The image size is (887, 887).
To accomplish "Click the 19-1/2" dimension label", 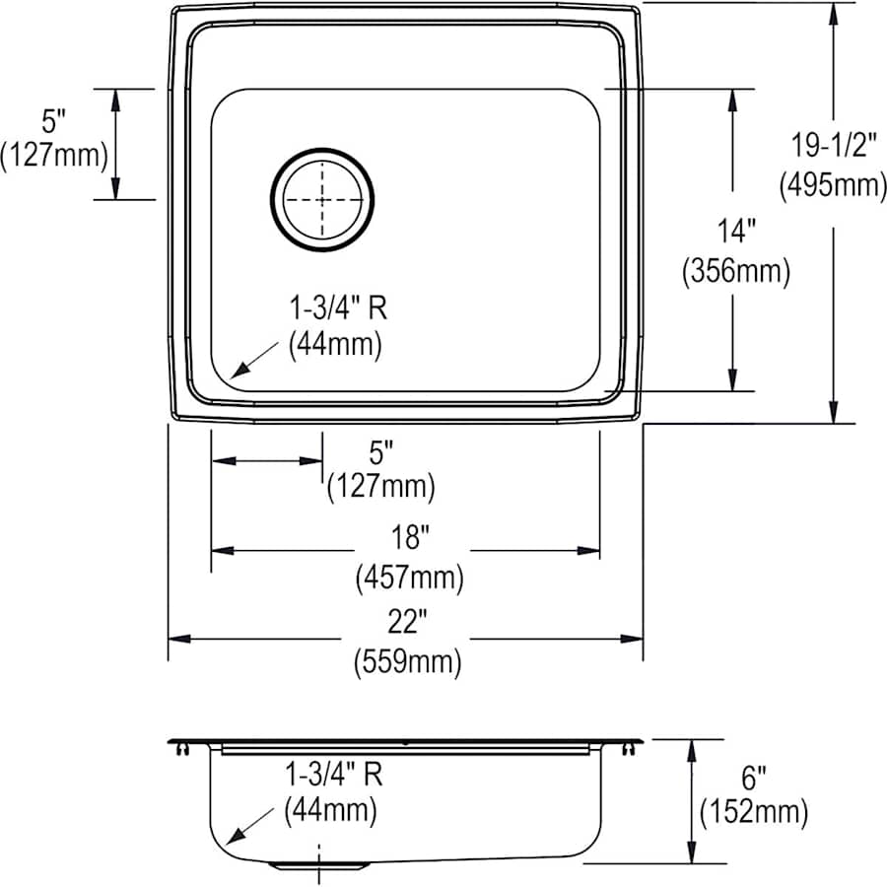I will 833,146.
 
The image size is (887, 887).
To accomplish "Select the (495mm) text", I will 833,184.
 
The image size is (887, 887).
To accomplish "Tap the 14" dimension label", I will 736,233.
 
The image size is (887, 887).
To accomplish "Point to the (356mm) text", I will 736,272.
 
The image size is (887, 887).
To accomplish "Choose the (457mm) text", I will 408,579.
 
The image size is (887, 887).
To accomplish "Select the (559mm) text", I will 408,663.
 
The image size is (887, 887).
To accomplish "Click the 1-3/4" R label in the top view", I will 337,308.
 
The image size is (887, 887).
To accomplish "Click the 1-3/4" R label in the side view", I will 333,774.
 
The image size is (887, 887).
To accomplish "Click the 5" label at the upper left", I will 53,121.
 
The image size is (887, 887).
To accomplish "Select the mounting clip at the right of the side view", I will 628,751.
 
